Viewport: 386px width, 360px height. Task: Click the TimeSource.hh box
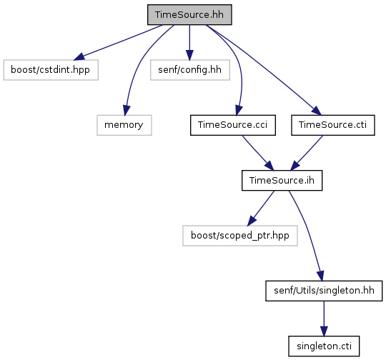189,15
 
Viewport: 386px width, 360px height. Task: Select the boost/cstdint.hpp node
51,70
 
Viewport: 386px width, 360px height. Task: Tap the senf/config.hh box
190,70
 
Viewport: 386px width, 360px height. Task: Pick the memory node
124,125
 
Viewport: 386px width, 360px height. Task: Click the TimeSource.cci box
233,125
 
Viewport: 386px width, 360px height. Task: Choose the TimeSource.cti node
333,125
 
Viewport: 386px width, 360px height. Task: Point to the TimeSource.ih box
282,181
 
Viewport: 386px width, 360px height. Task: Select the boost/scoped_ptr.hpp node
240,236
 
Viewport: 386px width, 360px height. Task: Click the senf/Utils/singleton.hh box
324,291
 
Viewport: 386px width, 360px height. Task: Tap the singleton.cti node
324,346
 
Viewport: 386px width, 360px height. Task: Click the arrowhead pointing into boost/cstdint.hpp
79,56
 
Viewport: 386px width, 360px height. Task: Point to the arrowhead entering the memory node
127,110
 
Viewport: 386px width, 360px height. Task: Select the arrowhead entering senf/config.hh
189,55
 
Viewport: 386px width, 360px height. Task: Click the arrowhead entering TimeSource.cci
239,110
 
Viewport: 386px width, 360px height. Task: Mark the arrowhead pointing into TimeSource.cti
317,111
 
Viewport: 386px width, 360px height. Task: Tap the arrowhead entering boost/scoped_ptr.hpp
252,221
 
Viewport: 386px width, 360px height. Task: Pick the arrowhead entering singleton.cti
324,331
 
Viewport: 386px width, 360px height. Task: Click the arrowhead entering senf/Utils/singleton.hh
320,276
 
